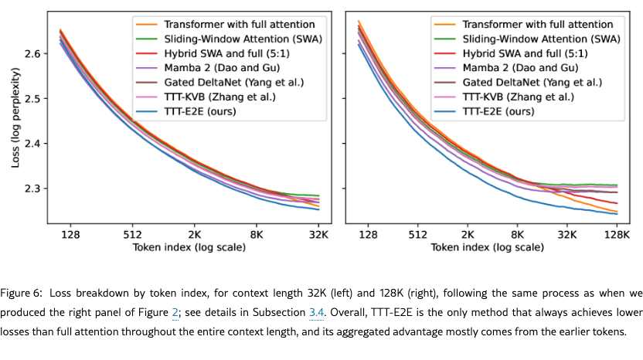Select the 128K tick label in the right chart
tap(615, 234)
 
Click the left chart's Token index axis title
tap(189, 248)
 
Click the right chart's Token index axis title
tap(486, 248)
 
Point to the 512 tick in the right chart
tap(417, 234)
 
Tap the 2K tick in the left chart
tap(194, 234)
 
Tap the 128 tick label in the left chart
tap(71, 234)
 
